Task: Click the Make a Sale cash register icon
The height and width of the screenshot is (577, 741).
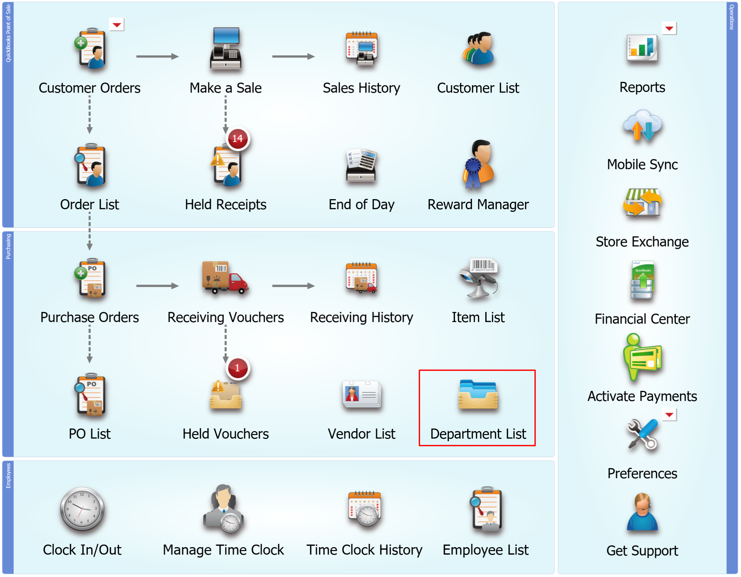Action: coord(226,48)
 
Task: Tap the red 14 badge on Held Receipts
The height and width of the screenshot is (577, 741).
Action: coord(238,138)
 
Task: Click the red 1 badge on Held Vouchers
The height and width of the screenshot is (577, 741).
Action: coord(238,368)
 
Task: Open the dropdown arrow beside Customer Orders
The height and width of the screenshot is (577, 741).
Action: coord(117,24)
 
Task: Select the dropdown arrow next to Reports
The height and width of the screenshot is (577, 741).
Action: coord(669,28)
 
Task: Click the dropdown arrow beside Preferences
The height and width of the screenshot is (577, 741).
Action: coord(669,415)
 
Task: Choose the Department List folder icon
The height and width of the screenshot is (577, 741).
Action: coord(478,394)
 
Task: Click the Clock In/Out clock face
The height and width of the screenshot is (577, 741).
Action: coord(82,509)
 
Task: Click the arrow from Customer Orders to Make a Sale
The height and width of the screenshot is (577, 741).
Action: coord(157,56)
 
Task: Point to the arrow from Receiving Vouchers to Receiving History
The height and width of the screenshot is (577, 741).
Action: coord(293,286)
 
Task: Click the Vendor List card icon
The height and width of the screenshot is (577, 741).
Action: coord(362,394)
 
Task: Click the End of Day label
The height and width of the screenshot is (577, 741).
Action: coord(361,205)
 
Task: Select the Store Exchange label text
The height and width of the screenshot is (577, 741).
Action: coord(642,242)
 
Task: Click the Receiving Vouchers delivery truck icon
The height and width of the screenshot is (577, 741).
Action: coord(225,277)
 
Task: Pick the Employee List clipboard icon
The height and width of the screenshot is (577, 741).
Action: coord(486,508)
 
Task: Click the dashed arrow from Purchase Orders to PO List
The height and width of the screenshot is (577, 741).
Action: coord(90,344)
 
